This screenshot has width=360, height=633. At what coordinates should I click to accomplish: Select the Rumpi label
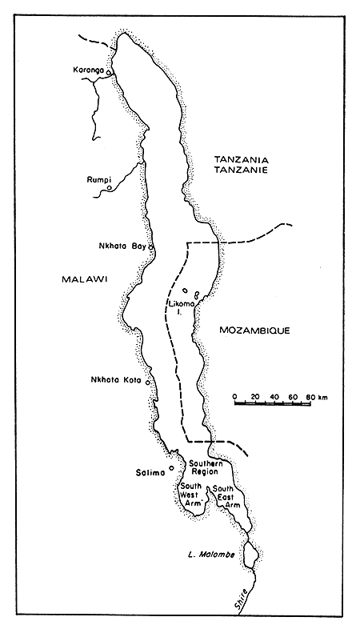(x=98, y=179)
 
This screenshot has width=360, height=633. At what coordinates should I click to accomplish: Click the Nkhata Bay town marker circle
(x=150, y=246)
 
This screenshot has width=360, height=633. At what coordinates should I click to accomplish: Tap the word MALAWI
(x=84, y=278)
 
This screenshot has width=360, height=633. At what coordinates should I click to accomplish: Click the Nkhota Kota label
(x=116, y=380)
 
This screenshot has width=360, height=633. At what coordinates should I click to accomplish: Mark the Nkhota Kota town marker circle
(x=148, y=381)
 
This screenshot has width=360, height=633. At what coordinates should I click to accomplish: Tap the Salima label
(x=151, y=472)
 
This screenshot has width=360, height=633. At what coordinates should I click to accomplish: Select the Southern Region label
(x=204, y=467)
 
